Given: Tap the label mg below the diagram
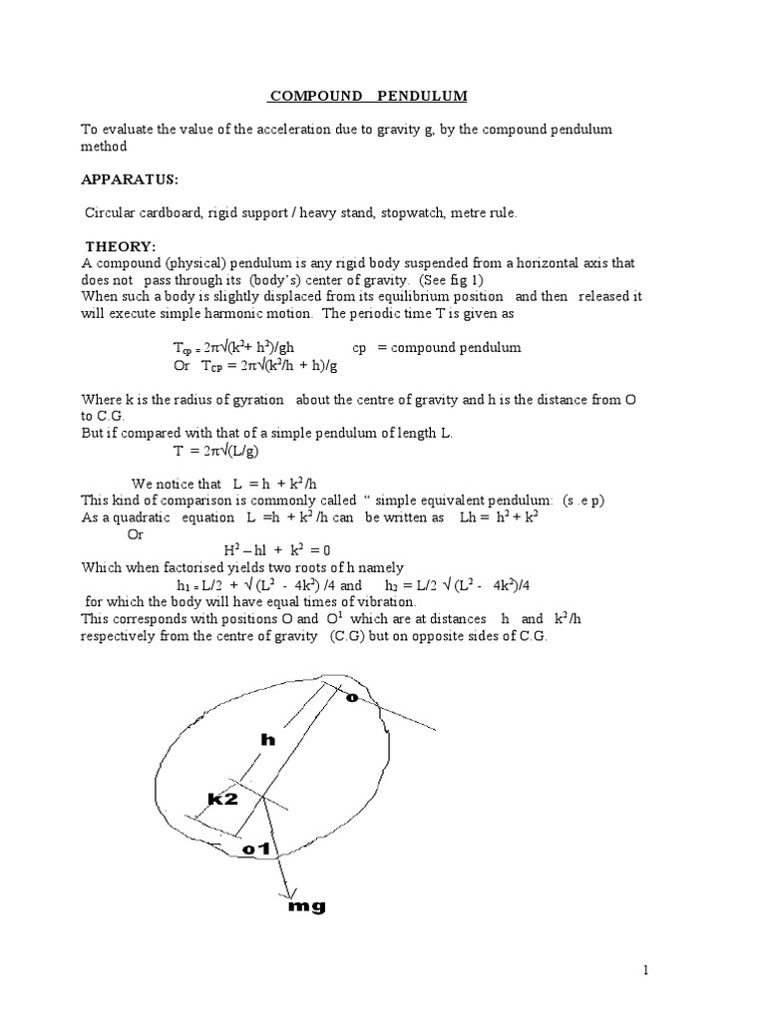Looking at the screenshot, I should (x=306, y=906).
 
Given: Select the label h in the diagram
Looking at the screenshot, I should (x=266, y=739).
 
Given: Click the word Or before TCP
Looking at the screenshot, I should (x=182, y=365).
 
